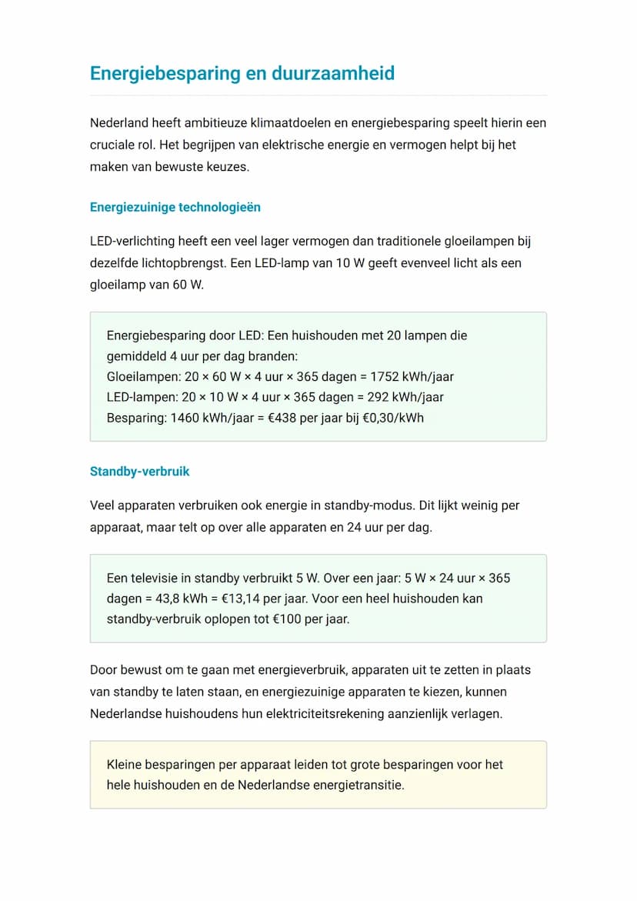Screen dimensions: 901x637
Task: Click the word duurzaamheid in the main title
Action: [333, 74]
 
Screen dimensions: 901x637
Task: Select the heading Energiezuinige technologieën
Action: [175, 208]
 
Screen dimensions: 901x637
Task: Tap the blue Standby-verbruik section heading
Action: [140, 472]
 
